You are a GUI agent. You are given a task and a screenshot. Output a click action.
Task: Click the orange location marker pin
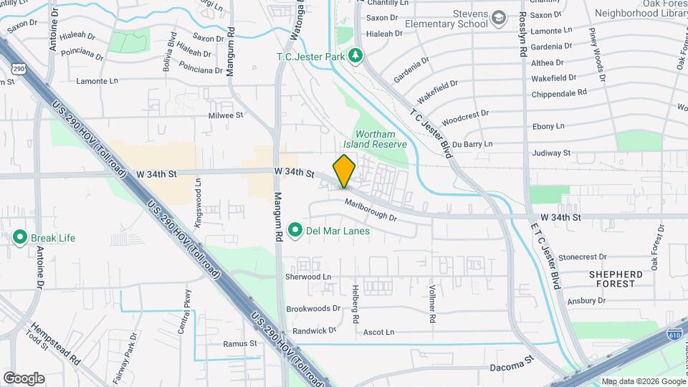point(344,171)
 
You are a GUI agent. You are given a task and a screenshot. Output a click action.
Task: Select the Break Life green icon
point(19,237)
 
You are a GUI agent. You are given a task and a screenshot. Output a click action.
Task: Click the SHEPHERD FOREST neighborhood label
point(616,279)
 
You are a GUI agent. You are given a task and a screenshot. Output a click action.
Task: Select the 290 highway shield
point(17,69)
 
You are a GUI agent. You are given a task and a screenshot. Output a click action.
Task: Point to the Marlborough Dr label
point(371,209)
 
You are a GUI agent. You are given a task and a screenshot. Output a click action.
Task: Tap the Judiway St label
point(551,153)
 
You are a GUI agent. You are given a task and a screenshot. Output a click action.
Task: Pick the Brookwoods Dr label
point(313,308)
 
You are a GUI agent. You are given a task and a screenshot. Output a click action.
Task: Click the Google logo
point(24,378)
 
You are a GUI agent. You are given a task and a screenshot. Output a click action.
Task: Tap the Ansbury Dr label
point(587,300)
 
